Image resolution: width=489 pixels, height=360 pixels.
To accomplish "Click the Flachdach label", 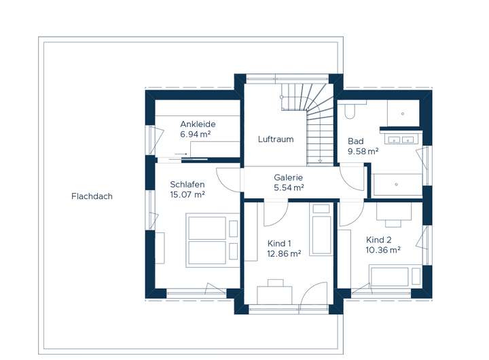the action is pyautogui.click(x=92, y=196).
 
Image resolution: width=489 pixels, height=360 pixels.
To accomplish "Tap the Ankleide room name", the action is pyautogui.click(x=198, y=124).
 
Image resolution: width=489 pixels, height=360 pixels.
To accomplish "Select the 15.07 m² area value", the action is pyautogui.click(x=187, y=195).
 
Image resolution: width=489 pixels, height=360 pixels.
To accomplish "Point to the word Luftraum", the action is pyautogui.click(x=276, y=139).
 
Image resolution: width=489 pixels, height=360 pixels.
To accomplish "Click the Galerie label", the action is pyautogui.click(x=288, y=177).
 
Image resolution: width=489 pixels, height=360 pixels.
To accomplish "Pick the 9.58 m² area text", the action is pyautogui.click(x=363, y=151).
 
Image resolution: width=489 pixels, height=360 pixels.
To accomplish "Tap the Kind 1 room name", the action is pyautogui.click(x=279, y=243).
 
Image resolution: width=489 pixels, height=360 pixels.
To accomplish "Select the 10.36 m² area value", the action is pyautogui.click(x=383, y=250).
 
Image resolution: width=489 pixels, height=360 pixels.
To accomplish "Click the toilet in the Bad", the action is pyautogui.click(x=350, y=111).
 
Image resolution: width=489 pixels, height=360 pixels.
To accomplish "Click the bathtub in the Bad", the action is pyautogui.click(x=397, y=184).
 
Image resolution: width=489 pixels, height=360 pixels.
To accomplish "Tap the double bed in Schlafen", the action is pyautogui.click(x=213, y=240).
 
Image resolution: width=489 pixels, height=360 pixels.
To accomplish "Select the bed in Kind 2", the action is pyautogui.click(x=395, y=276).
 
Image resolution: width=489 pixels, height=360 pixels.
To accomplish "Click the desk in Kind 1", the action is pyautogui.click(x=275, y=295).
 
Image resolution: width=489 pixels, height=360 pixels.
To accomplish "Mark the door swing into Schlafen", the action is pyautogui.click(x=230, y=180).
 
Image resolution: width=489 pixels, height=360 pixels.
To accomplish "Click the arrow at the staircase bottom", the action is pyautogui.click(x=320, y=160).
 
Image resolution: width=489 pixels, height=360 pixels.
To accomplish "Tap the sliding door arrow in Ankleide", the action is pyautogui.click(x=181, y=154).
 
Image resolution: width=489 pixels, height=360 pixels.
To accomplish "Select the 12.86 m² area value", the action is pyautogui.click(x=284, y=253).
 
